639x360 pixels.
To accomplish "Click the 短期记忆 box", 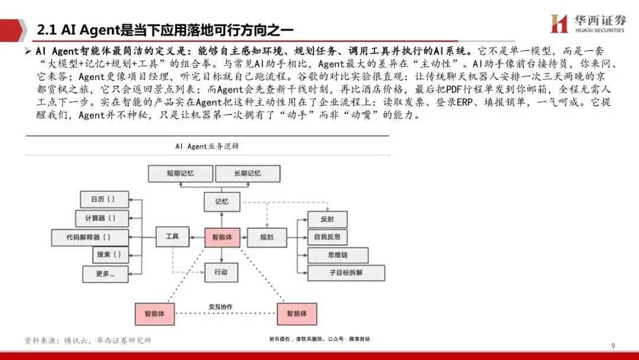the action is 179,173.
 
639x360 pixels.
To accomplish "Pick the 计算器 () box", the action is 102,218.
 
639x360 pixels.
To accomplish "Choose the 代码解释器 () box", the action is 89,237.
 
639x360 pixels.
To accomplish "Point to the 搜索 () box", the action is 111,255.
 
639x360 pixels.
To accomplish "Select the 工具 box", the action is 172,236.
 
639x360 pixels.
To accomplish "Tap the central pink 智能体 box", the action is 222,237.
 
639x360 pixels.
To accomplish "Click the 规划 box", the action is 266,237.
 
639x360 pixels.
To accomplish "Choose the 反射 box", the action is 327,219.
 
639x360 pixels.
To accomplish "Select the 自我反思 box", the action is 327,237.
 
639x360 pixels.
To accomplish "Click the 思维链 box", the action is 338,255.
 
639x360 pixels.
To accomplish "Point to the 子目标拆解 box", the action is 346,273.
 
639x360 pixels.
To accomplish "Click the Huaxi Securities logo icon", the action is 559,24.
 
